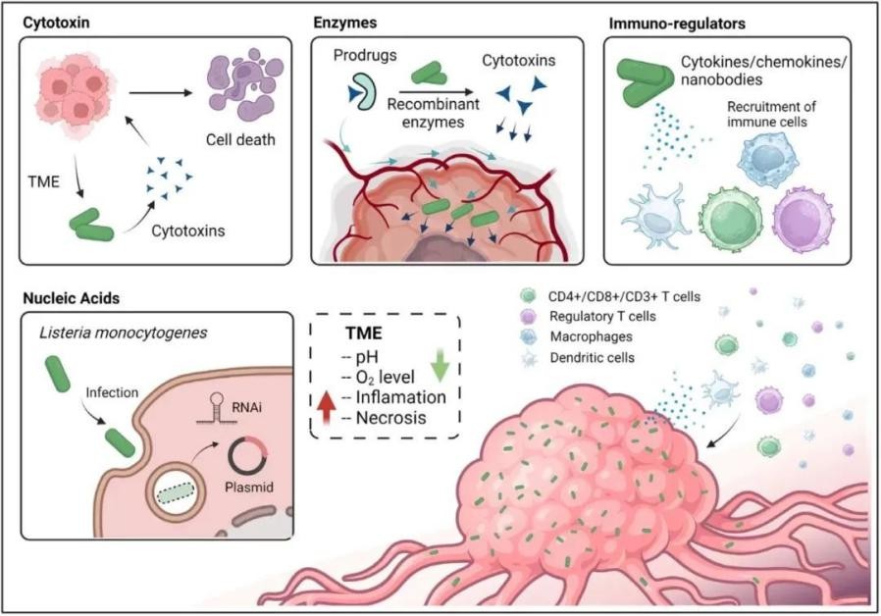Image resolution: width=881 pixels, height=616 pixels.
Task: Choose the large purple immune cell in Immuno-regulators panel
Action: (808, 220)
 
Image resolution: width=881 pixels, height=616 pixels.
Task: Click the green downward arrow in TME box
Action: (440, 364)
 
